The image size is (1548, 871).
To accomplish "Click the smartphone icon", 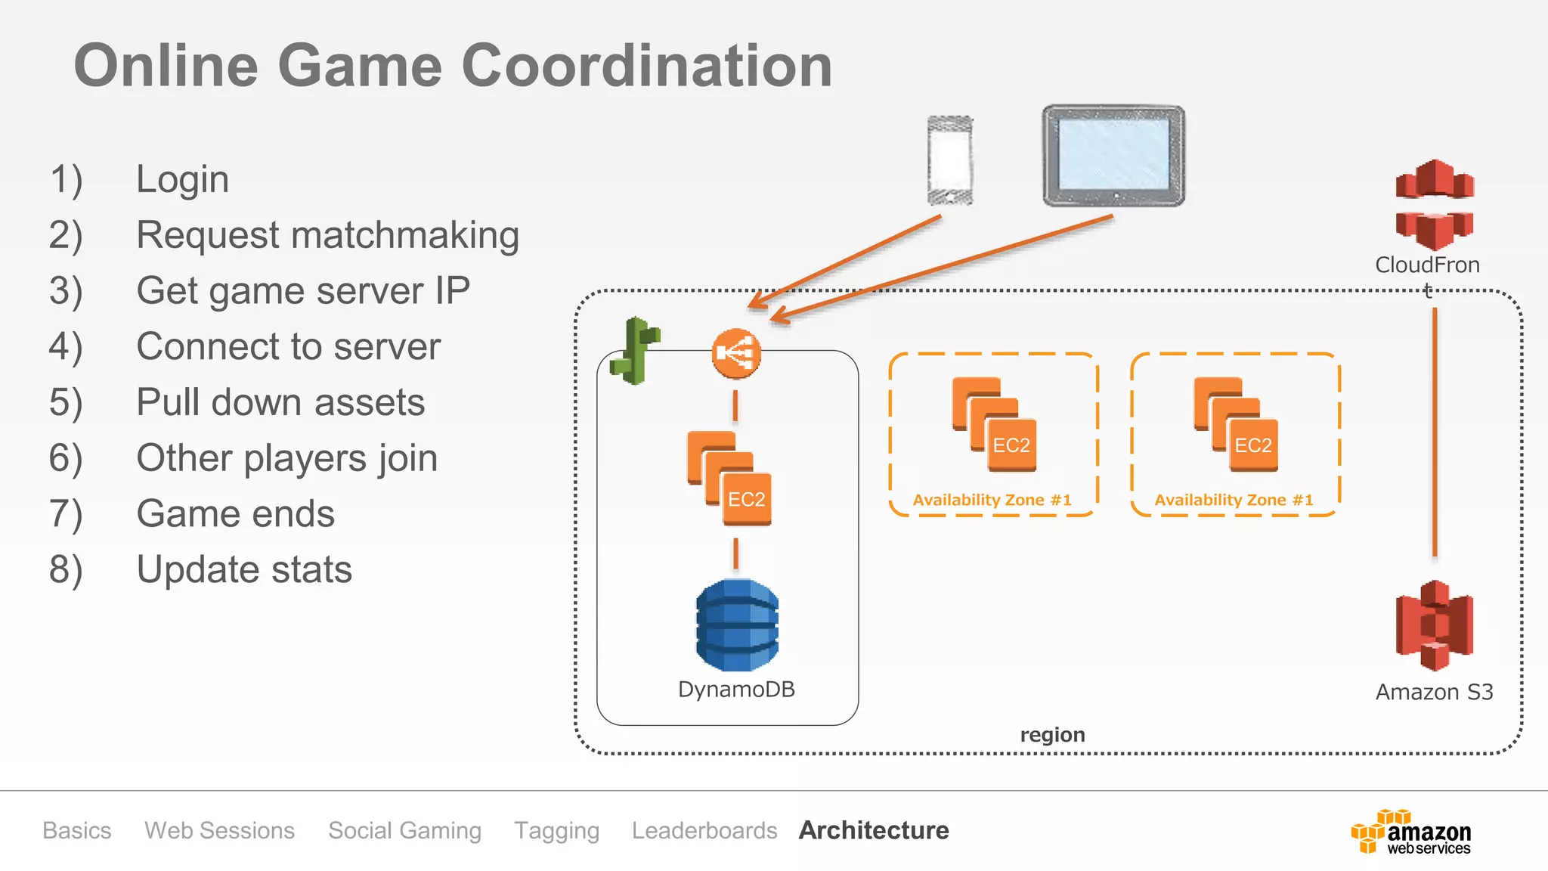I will coord(950,160).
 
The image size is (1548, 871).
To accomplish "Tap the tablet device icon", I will coord(1113,156).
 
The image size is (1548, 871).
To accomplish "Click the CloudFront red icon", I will coord(1434,205).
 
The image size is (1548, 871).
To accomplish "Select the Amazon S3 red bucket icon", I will coord(1434,626).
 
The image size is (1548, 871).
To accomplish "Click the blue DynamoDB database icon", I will coord(737,625).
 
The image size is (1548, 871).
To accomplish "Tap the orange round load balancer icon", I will coord(736,353).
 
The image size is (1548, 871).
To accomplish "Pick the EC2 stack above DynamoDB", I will coord(729,478).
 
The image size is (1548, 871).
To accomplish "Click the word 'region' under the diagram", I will coord(1052,735).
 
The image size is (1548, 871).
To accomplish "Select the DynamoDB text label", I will coord(736,690).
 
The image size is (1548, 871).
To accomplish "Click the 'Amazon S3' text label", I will coord(1434,693).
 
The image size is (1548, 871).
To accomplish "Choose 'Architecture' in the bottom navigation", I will coord(874,830).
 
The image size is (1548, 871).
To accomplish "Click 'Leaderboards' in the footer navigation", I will coord(704,830).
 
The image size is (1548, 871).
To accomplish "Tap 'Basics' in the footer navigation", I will coord(77,830).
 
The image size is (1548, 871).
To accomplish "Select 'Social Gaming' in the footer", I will coord(404,830).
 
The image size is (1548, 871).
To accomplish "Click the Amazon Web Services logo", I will coord(1411,832).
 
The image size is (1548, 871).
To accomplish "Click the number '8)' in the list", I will coord(66,570).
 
